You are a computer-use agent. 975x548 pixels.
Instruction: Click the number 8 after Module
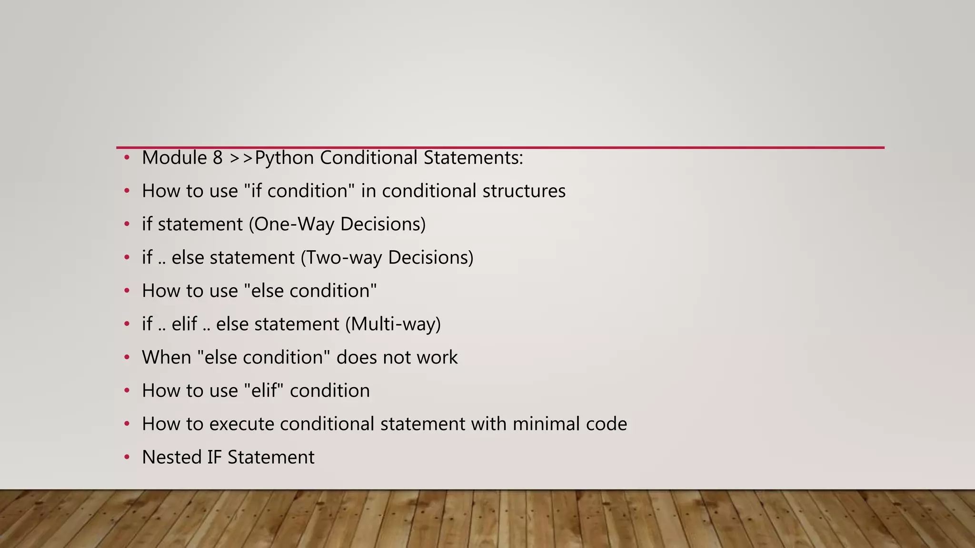[x=218, y=158]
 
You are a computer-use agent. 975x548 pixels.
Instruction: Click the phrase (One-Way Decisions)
[x=337, y=224]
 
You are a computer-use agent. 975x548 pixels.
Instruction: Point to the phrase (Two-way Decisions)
[x=387, y=257]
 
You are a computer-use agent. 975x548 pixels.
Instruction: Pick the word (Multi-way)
[x=393, y=324]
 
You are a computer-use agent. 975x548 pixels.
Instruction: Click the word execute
[x=241, y=424]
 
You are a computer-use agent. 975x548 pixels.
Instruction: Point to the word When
[x=166, y=357]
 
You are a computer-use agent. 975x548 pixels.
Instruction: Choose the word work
[x=437, y=357]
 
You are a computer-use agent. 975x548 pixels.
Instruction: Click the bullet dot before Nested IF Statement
[x=127, y=457]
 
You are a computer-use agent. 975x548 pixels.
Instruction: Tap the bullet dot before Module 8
[x=127, y=158]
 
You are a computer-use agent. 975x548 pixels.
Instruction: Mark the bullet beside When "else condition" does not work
[x=127, y=357]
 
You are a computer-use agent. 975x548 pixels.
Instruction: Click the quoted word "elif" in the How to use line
[x=263, y=391]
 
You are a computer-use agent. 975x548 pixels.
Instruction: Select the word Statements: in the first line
[x=473, y=158]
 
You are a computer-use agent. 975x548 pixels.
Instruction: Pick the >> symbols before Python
[x=241, y=158]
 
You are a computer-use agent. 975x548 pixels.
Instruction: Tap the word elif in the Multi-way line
[x=184, y=324]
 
